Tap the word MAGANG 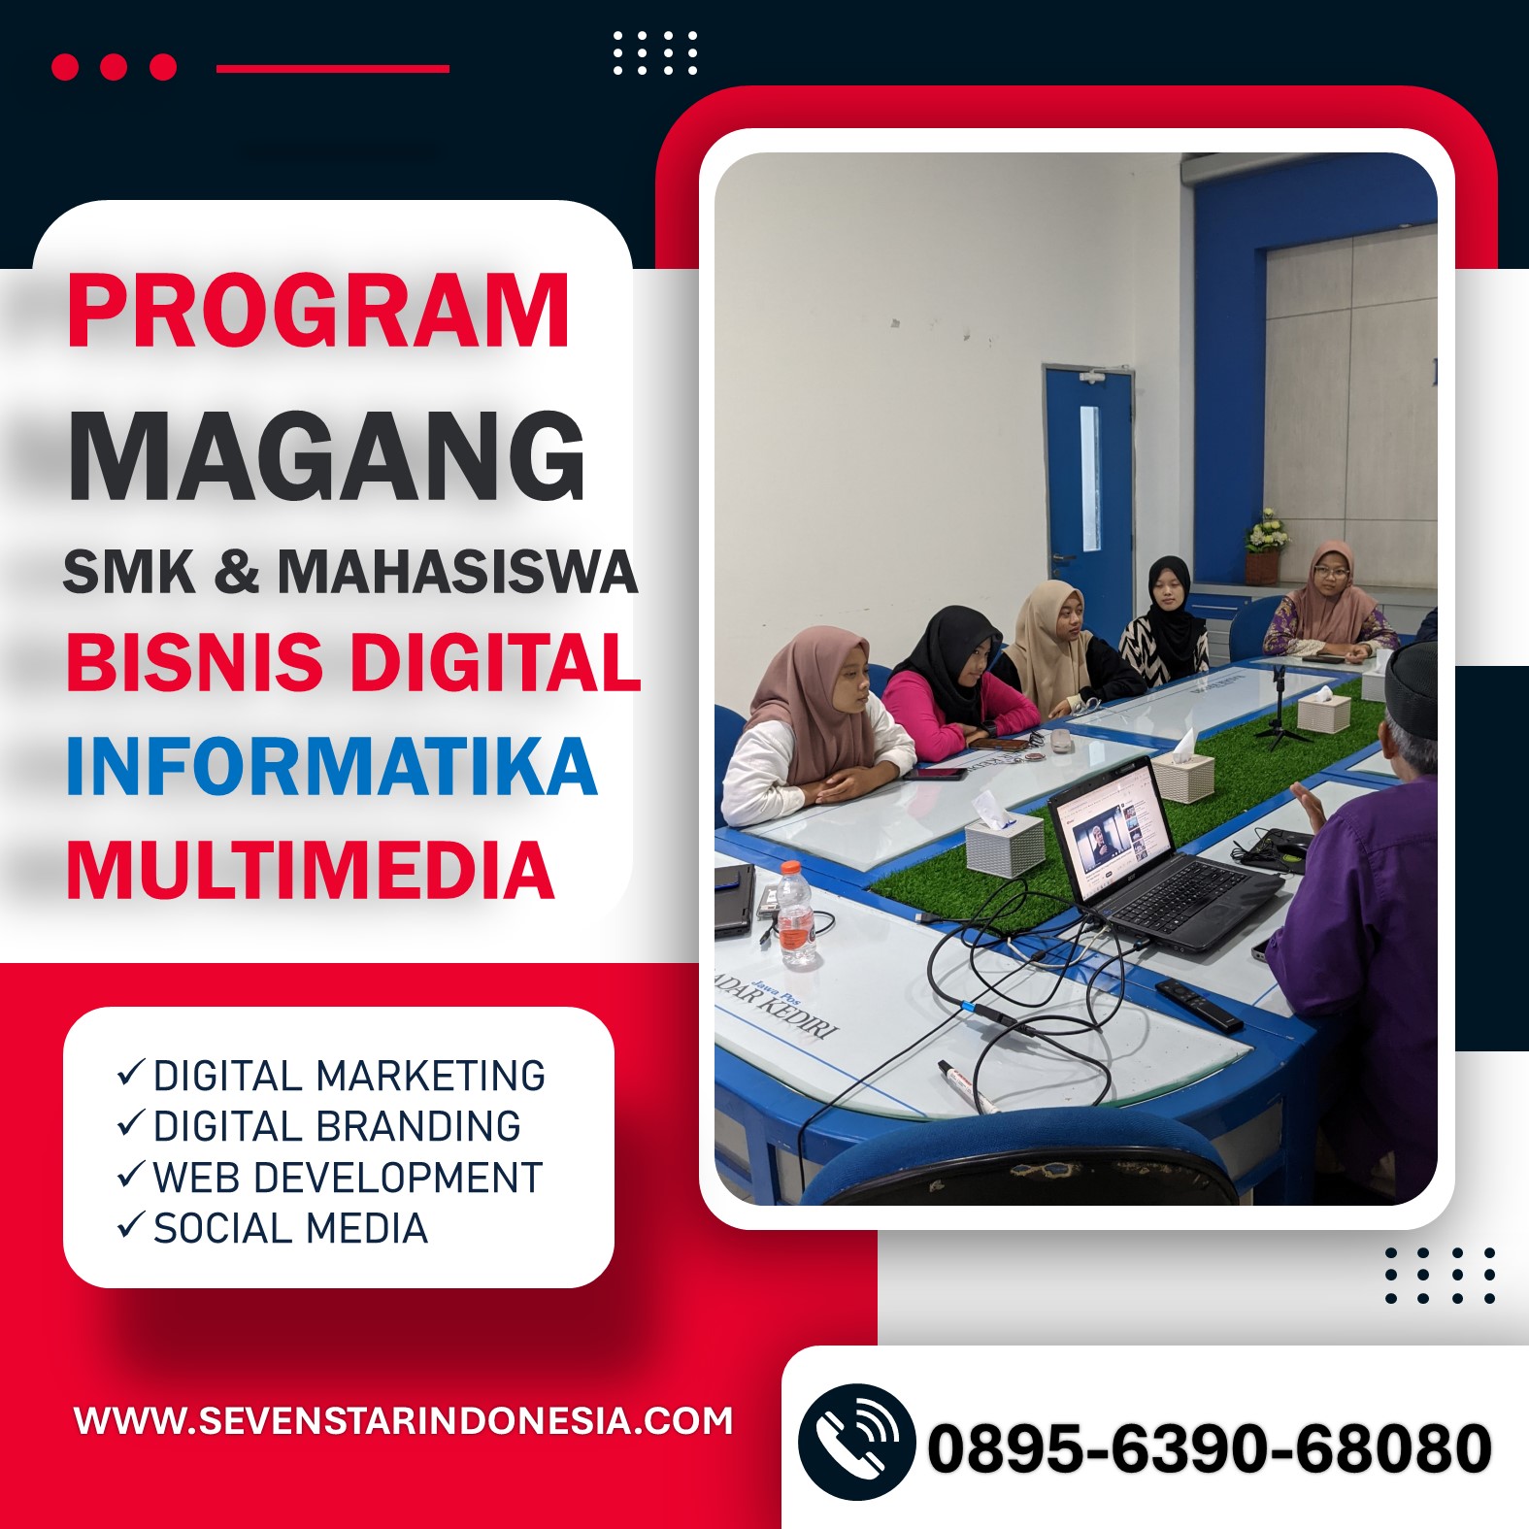326,455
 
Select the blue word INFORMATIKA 331,767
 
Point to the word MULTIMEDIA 310,870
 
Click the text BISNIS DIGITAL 353,662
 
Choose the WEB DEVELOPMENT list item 348,1178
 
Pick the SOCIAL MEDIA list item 290,1228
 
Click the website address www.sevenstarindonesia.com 403,1421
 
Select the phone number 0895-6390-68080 1209,1448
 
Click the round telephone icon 856,1443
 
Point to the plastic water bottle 795,914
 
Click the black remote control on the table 1198,1005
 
